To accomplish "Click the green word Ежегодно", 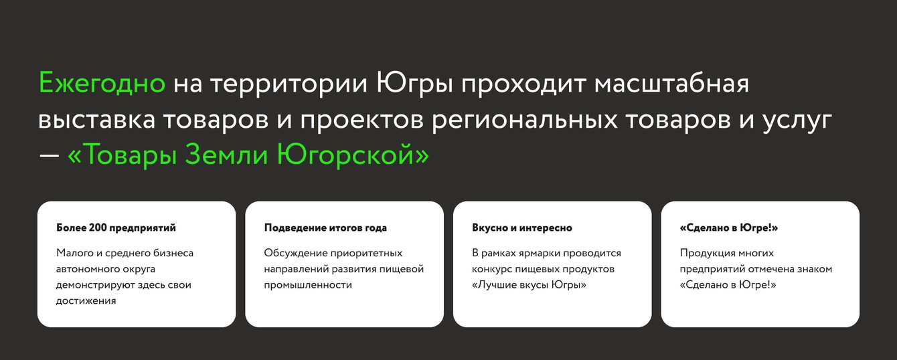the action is pyautogui.click(x=102, y=83).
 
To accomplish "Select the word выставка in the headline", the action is pyautogui.click(x=96, y=120).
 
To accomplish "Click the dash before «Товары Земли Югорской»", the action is pyautogui.click(x=50, y=155).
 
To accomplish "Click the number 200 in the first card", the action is pyautogui.click(x=98, y=228).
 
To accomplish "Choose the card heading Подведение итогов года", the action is pyautogui.click(x=325, y=228).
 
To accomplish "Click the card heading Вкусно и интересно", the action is pyautogui.click(x=521, y=228).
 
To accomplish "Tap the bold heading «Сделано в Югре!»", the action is pyautogui.click(x=728, y=228).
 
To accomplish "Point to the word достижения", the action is pyautogui.click(x=86, y=301).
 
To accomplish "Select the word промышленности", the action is pyautogui.click(x=307, y=285).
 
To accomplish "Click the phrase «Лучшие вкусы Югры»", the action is pyautogui.click(x=529, y=285).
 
